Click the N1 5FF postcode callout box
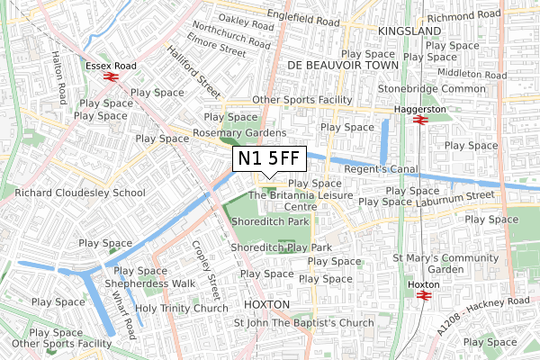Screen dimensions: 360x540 (269, 159)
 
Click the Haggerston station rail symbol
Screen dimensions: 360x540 (418, 120)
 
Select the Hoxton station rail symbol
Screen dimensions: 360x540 (423, 293)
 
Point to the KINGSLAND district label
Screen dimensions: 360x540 (409, 31)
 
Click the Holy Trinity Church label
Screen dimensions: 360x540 (182, 309)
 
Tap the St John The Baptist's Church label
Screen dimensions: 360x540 (303, 323)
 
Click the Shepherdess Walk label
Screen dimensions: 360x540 (149, 283)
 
